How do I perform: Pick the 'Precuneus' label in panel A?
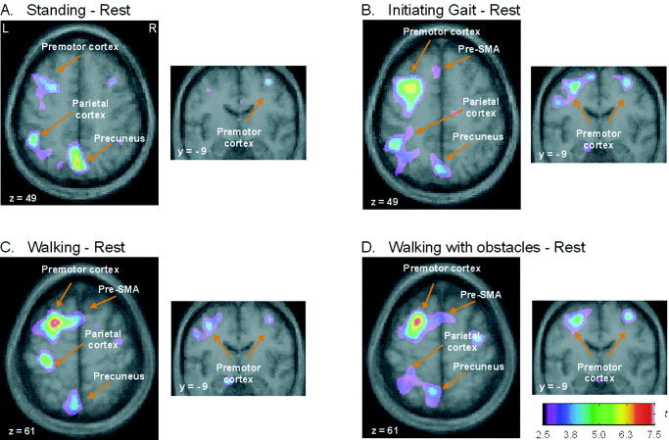tap(119, 138)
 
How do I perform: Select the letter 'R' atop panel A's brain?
tap(151, 30)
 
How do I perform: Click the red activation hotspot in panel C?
tap(56, 320)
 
